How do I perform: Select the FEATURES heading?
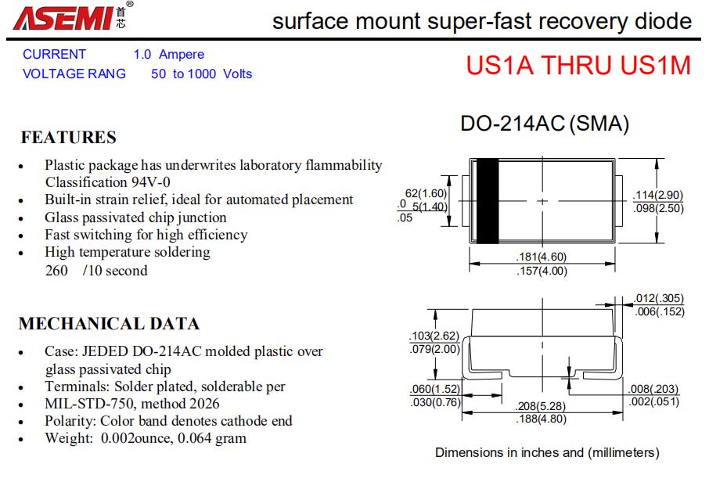(x=68, y=138)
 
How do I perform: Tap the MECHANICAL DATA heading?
(x=109, y=324)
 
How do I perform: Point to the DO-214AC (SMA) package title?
(x=545, y=124)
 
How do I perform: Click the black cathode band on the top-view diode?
(x=488, y=201)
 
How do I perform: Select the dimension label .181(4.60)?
(x=542, y=257)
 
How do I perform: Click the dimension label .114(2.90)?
(x=657, y=195)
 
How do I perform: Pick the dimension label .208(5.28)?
(x=541, y=407)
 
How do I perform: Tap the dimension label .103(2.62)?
(x=434, y=337)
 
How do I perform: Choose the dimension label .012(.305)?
(x=659, y=298)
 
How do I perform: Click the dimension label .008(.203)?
(x=653, y=390)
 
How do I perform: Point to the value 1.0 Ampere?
(x=168, y=55)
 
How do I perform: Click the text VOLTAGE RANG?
(x=74, y=74)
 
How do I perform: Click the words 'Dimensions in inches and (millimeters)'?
(x=547, y=452)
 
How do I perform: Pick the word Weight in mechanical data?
(x=67, y=438)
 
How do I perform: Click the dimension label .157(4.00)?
(x=542, y=271)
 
